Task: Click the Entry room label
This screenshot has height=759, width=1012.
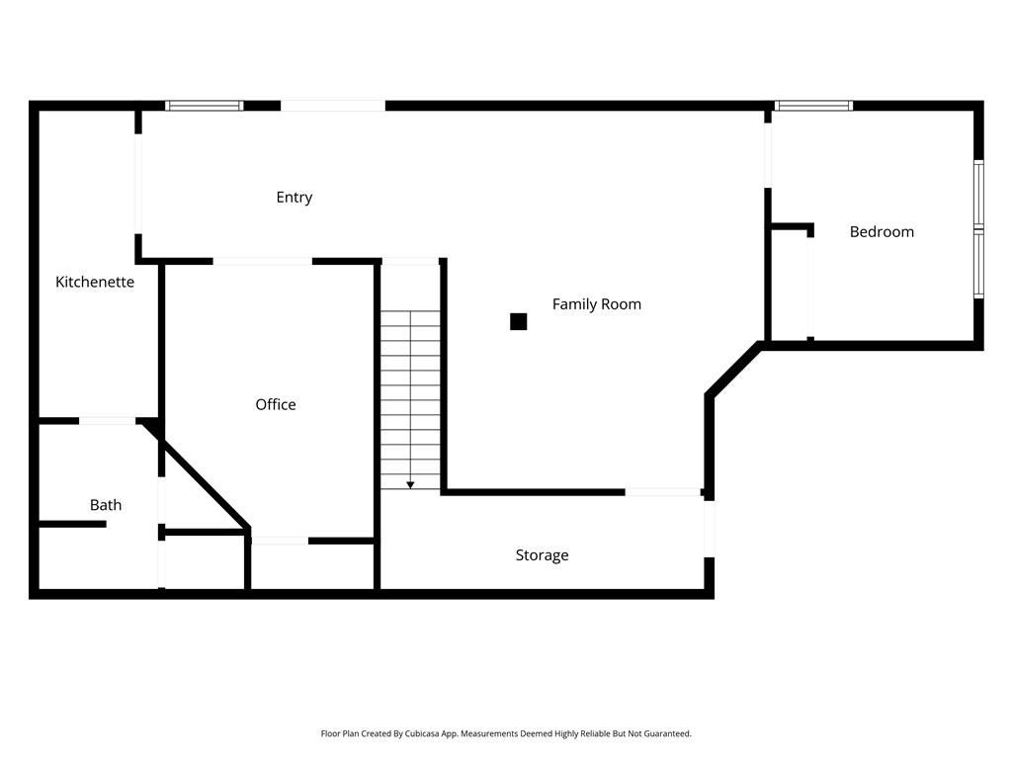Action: click(294, 198)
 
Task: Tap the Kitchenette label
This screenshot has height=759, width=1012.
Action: click(95, 282)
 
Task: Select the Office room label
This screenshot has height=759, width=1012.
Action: click(276, 404)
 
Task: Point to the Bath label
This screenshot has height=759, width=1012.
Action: click(106, 505)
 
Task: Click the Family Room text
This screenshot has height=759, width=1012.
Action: click(596, 304)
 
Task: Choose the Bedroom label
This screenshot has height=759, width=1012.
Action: click(882, 232)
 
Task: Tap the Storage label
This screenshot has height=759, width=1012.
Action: click(542, 555)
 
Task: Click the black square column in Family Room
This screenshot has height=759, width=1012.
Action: click(518, 321)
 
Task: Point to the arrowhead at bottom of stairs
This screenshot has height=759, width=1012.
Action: click(410, 484)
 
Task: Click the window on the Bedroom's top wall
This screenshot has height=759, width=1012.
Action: click(813, 105)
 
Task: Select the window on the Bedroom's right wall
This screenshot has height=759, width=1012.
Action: click(978, 229)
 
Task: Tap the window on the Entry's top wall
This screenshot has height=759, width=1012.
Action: click(204, 105)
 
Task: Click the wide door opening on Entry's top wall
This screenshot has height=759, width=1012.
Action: click(333, 105)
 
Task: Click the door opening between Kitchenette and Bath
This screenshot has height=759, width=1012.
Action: click(107, 421)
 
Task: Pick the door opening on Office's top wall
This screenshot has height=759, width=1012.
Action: click(263, 261)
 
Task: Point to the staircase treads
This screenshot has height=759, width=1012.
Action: click(410, 395)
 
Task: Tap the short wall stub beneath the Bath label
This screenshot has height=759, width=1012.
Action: click(71, 524)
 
